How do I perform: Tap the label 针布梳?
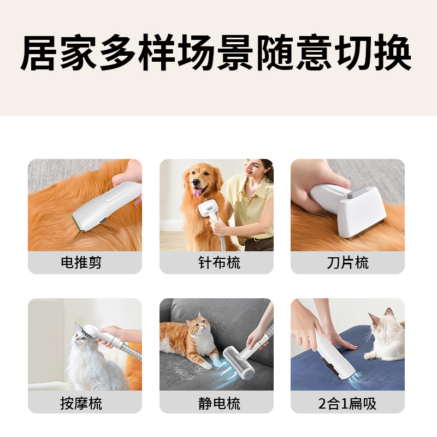tap(216, 263)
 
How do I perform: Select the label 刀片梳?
tap(347, 263)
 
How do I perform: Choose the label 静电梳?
tap(216, 404)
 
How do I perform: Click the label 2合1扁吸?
tap(347, 404)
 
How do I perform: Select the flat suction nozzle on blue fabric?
tap(336, 363)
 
